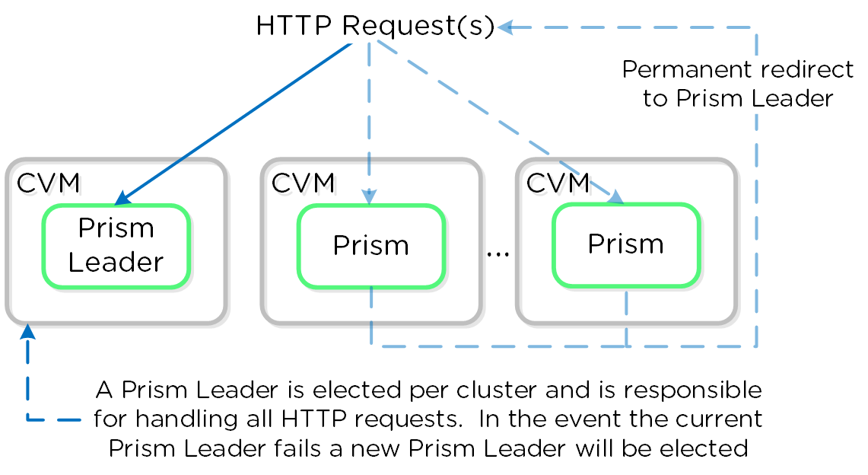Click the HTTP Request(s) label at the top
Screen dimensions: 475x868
[x=375, y=27]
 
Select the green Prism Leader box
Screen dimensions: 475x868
[x=116, y=246]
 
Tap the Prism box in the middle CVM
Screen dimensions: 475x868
[x=370, y=246]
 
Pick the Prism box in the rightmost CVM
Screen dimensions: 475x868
[x=625, y=244]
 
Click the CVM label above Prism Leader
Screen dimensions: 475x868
[x=48, y=183]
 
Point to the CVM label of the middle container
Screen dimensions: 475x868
[x=303, y=183]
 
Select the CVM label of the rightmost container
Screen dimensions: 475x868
[x=558, y=183]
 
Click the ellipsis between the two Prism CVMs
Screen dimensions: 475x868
[x=498, y=252]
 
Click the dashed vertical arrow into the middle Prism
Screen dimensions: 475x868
[x=370, y=122]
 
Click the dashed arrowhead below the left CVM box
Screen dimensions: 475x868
[x=28, y=332]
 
